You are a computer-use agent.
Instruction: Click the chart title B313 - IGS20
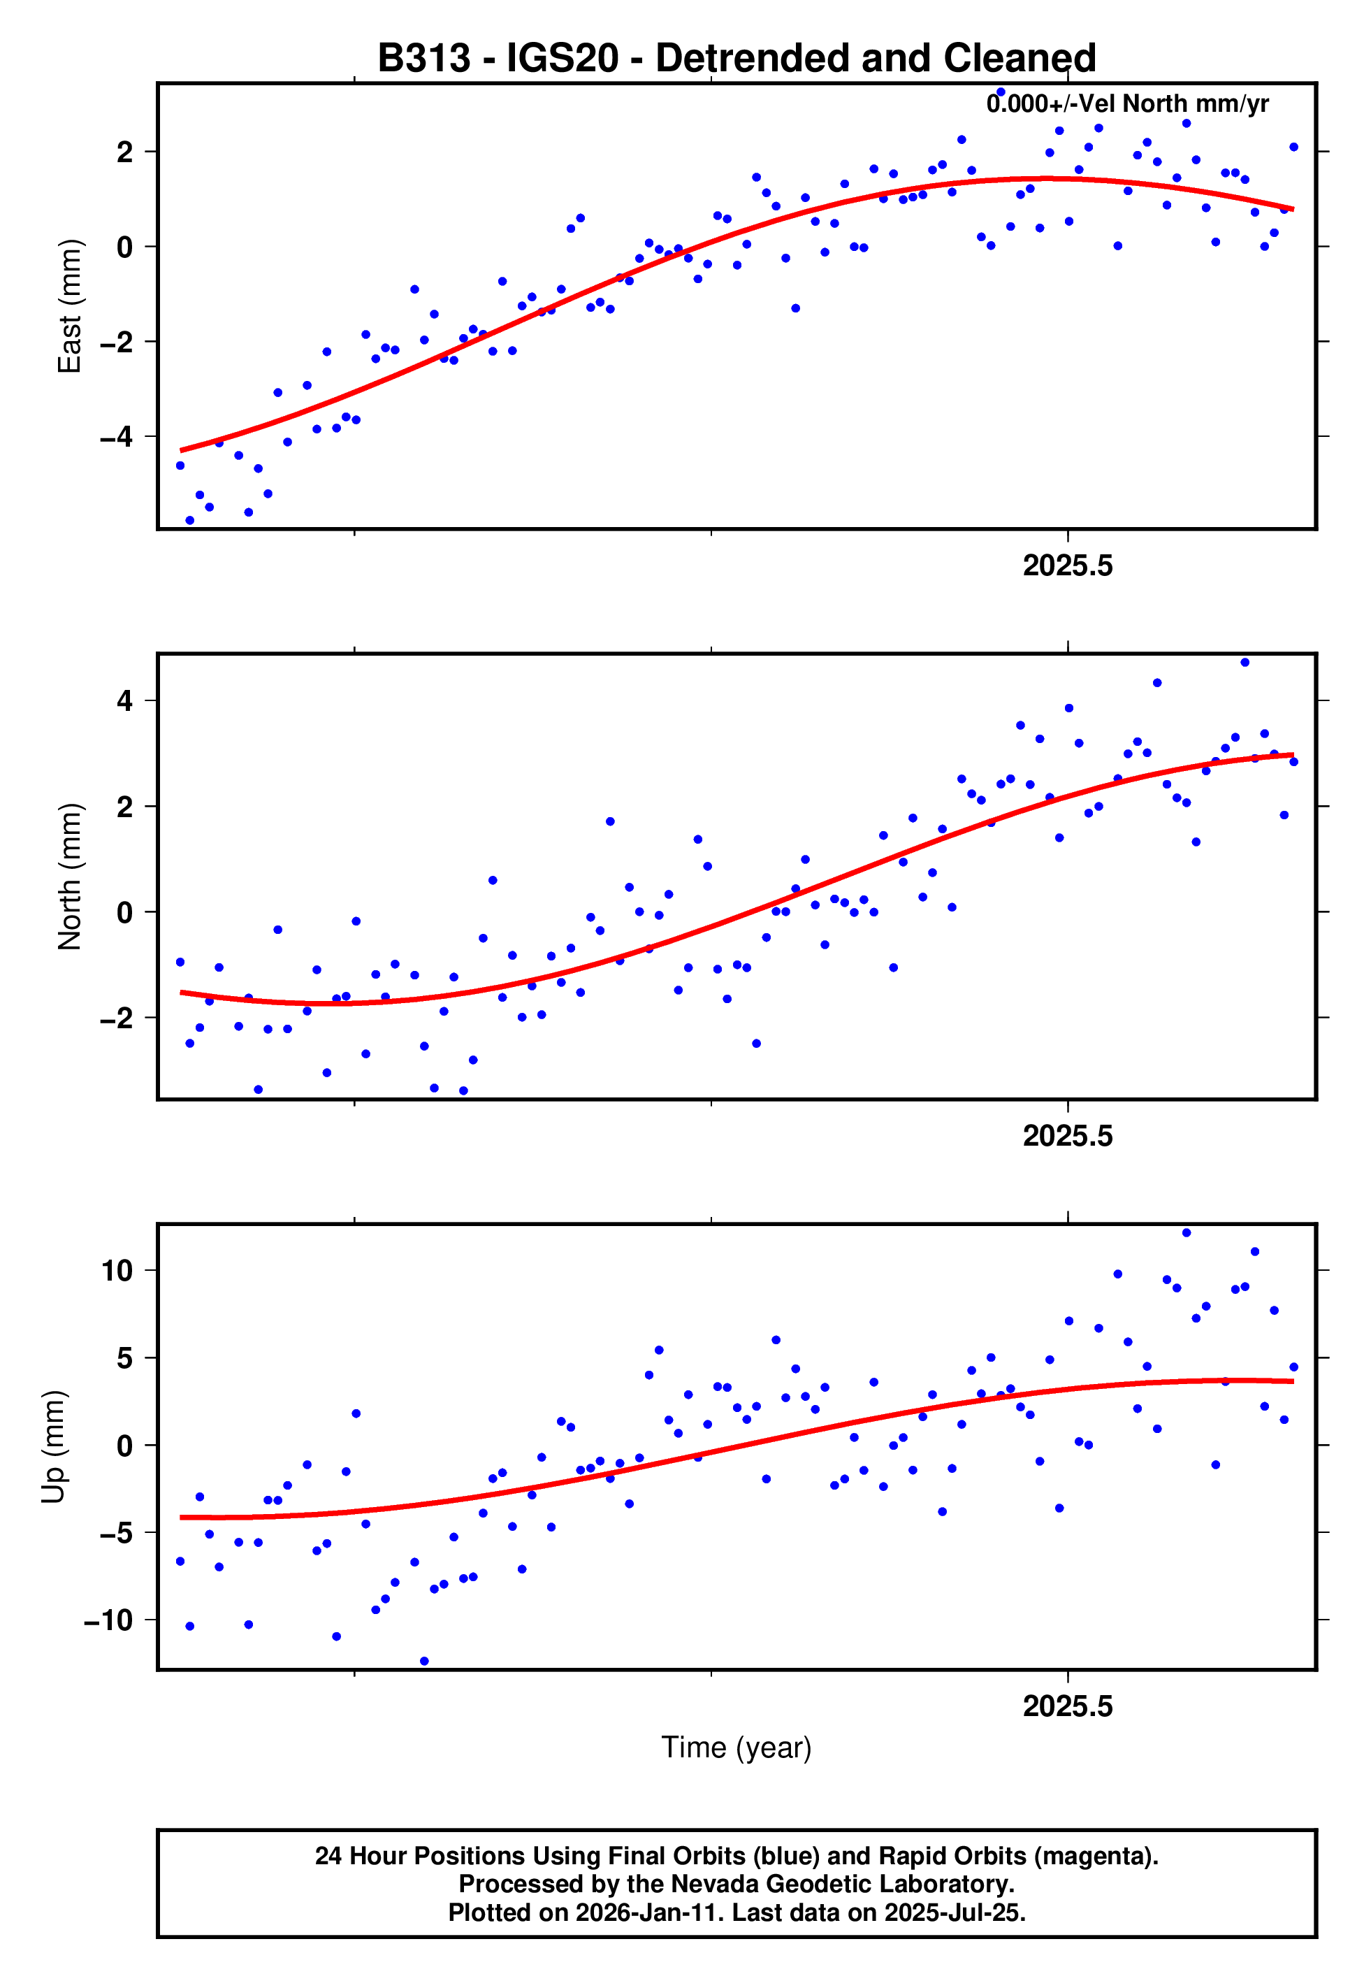click(737, 59)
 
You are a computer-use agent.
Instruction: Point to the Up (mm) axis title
click(53, 1447)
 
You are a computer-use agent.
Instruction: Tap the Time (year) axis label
click(737, 1748)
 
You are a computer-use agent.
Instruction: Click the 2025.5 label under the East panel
click(1067, 566)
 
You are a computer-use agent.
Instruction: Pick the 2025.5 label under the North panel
click(1067, 1137)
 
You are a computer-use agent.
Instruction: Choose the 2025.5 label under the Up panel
click(1067, 1706)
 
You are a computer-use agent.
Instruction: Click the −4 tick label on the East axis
click(116, 438)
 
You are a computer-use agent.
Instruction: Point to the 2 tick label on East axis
click(125, 152)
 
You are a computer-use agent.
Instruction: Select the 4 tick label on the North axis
click(125, 701)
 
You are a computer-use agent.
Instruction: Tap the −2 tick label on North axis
click(116, 1018)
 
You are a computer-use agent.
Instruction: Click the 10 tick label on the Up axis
click(117, 1271)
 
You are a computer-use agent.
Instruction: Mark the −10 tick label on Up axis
click(108, 1620)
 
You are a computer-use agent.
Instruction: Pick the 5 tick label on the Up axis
click(125, 1358)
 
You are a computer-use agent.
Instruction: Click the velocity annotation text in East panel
click(1127, 104)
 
